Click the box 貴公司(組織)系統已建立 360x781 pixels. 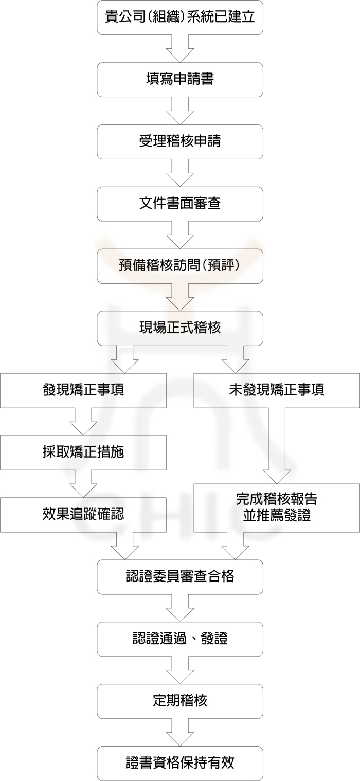pyautogui.click(x=179, y=17)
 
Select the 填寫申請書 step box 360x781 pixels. pyautogui.click(x=179, y=79)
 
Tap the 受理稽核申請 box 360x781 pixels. pyautogui.click(x=179, y=141)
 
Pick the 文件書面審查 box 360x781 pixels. pyautogui.click(x=179, y=204)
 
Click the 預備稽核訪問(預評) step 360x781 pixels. pyautogui.click(x=179, y=266)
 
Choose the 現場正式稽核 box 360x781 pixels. pyautogui.click(x=179, y=328)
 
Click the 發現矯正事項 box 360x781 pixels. pyautogui.click(x=83, y=390)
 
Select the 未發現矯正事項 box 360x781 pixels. pyautogui.click(x=276, y=390)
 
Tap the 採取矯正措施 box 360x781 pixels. pyautogui.click(x=83, y=452)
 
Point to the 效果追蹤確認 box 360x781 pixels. pyautogui.click(x=83, y=514)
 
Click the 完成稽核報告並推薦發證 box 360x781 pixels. pyautogui.click(x=276, y=507)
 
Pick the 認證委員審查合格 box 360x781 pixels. pyautogui.click(x=179, y=576)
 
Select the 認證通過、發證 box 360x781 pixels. pyautogui.click(x=179, y=639)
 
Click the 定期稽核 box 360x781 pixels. pyautogui.click(x=179, y=701)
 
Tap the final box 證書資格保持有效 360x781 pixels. pyautogui.click(x=179, y=763)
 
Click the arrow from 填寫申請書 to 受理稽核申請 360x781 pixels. pyautogui.click(x=179, y=111)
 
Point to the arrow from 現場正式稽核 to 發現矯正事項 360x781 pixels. pyautogui.click(x=125, y=359)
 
